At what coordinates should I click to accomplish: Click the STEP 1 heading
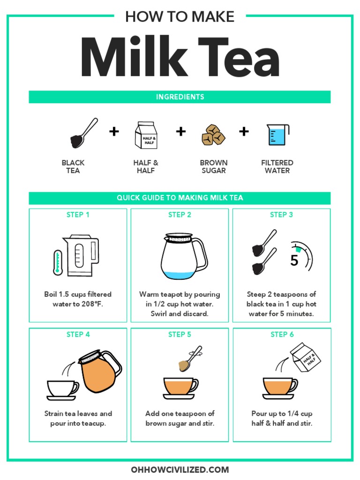78,215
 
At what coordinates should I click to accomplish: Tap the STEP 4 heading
78,334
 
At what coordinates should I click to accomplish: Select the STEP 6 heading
282,334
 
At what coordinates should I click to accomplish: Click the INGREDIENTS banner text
180,97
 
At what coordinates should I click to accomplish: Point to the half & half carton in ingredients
145,135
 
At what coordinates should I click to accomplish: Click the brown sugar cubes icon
213,135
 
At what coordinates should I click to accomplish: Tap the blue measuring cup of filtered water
277,134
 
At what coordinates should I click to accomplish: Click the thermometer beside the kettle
58,262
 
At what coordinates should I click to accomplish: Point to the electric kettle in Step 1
82,255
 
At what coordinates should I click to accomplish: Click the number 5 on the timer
294,261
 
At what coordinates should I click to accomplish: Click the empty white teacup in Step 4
61,389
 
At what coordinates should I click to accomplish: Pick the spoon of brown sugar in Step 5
189,360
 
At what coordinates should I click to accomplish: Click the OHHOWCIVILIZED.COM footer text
180,469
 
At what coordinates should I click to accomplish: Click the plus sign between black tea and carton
114,131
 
